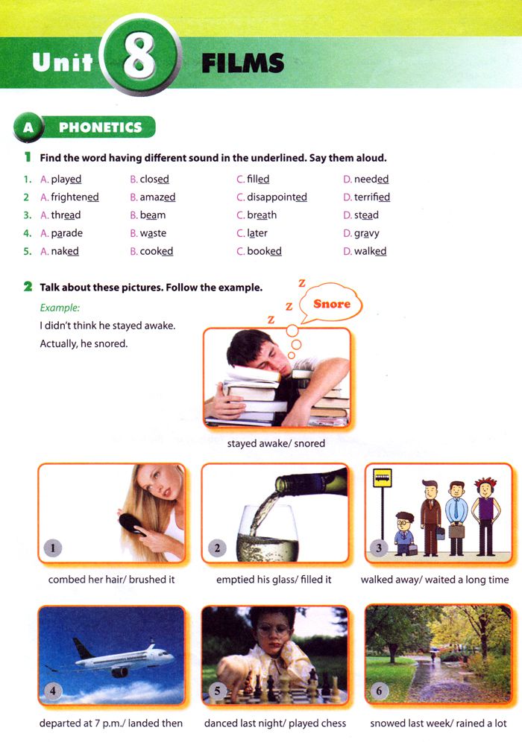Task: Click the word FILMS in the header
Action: pos(242,63)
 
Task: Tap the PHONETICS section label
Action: pos(100,127)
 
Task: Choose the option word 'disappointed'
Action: pos(277,197)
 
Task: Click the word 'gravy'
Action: pos(366,233)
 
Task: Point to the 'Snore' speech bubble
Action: pos(332,304)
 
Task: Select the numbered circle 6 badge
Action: pos(379,691)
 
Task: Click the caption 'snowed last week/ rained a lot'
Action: pos(438,723)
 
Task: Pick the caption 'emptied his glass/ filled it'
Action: pos(274,580)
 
